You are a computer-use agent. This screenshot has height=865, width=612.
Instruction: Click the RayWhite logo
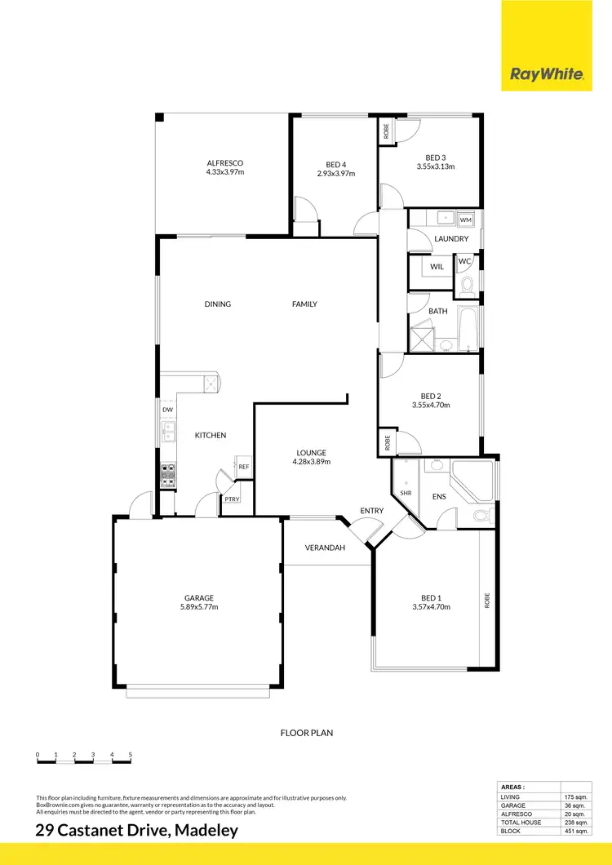[546, 74]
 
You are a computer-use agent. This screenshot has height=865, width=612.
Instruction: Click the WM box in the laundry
[465, 220]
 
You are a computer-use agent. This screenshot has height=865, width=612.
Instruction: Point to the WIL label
[437, 266]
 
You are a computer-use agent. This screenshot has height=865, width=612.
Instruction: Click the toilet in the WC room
[467, 285]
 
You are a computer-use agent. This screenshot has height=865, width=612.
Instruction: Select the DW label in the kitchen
[167, 410]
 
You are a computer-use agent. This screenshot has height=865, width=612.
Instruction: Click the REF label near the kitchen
[243, 467]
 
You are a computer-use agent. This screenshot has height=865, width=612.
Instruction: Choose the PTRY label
[232, 499]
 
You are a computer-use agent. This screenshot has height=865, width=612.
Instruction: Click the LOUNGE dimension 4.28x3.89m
[312, 462]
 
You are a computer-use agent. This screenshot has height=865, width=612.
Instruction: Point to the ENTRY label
[371, 511]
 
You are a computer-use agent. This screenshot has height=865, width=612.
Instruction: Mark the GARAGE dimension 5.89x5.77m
[199, 606]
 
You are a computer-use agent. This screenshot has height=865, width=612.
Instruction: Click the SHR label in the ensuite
[406, 493]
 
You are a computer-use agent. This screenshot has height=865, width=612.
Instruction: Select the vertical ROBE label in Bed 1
[487, 601]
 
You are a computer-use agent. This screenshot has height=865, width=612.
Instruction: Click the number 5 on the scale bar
[130, 754]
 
